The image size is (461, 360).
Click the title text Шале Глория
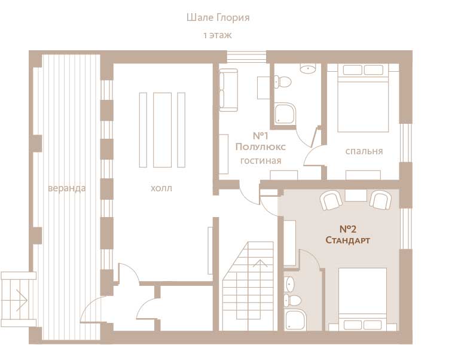tap(218, 18)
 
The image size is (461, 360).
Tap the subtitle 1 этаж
tap(218, 35)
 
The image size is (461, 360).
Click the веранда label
tap(67, 188)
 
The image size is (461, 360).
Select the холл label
tap(161, 188)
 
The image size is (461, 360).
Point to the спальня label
tap(364, 151)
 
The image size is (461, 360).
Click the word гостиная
tap(261, 161)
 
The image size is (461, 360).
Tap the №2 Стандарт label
tap(347, 234)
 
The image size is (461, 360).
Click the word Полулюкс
tap(261, 147)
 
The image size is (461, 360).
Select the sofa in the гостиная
tap(228, 90)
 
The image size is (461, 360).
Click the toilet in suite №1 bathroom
tap(283, 81)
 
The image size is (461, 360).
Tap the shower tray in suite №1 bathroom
tap(285, 114)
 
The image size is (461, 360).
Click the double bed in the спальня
tap(363, 98)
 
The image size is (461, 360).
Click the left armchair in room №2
tap(331, 200)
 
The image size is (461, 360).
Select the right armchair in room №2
tap(381, 200)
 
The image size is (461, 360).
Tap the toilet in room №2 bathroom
tap(292, 300)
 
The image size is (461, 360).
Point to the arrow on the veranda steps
tap(22, 300)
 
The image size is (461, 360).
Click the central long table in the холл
tap(162, 130)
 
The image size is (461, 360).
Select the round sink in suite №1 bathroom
tap(307, 69)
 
